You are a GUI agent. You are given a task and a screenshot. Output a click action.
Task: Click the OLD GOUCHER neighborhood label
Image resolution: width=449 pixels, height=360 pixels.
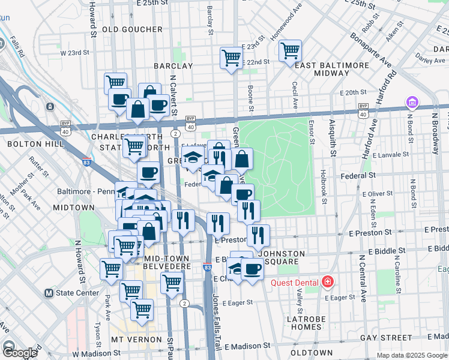(x=132, y=29)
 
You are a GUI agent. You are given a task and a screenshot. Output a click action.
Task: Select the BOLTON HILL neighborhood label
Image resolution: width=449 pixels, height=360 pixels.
(x=30, y=144)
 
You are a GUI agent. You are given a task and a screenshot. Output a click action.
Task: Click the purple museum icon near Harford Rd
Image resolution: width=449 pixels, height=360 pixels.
(x=411, y=103)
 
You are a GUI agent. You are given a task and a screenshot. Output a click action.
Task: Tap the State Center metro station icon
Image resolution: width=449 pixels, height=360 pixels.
(x=50, y=293)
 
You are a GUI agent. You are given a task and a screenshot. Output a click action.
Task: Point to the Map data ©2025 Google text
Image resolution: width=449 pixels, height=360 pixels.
(x=411, y=355)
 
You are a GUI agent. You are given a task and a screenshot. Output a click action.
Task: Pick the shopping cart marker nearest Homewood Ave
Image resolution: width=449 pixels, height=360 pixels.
(x=290, y=51)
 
